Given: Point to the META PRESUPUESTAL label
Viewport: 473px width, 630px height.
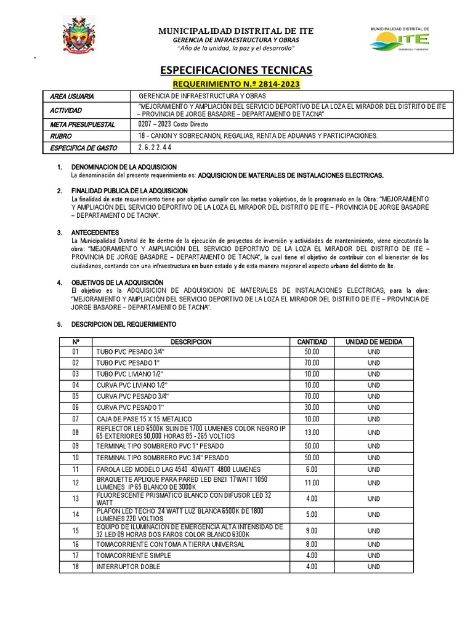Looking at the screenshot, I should coord(83,124).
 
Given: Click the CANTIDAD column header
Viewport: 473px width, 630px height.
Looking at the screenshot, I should coord(312,341).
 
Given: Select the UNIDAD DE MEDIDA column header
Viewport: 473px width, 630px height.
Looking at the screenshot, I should coord(374,341).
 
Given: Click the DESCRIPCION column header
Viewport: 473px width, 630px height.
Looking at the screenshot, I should coord(191,341).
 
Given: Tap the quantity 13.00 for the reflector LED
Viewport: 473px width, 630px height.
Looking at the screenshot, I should coord(312,432).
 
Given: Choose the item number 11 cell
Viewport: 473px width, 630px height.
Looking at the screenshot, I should coord(76,469).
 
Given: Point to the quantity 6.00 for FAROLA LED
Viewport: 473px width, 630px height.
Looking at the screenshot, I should coord(312,469).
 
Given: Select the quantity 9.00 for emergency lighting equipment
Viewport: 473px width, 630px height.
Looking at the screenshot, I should coord(312,530).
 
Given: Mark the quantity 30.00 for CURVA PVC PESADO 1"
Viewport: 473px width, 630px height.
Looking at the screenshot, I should coord(312,407).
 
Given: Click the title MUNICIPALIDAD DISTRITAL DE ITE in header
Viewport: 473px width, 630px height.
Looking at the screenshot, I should coord(236,31).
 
